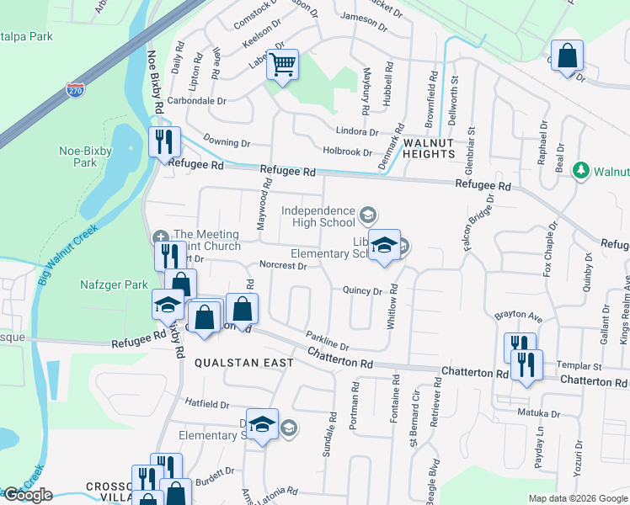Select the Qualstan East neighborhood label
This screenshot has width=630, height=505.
[x=244, y=363]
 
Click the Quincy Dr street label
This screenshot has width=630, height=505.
[x=363, y=290]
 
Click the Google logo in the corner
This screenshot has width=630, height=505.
[x=28, y=495]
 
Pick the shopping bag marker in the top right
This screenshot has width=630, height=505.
[x=568, y=56]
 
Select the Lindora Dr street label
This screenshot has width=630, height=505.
[x=357, y=132]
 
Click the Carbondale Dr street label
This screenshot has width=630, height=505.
[x=197, y=100]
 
